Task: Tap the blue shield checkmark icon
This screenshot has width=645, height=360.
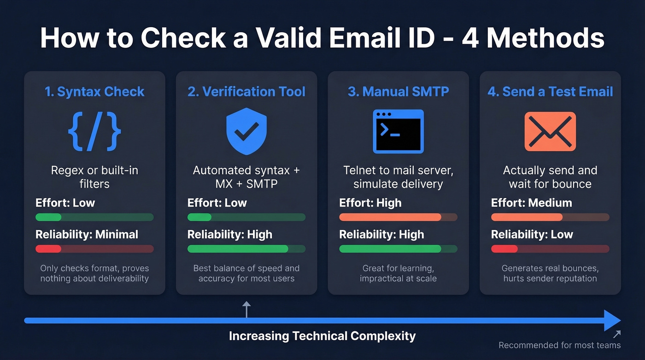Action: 246,132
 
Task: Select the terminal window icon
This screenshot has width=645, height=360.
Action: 398,131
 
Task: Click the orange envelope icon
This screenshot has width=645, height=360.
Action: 550,131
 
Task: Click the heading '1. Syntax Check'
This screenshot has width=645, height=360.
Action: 94,92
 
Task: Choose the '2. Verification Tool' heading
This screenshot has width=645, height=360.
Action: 246,92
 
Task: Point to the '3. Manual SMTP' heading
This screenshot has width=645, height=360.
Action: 398,92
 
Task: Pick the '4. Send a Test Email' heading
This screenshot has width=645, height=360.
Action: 550,92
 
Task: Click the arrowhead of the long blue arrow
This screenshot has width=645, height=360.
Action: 613,320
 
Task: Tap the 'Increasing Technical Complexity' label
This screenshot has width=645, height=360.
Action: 322,336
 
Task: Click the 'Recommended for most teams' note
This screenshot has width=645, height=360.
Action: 559,345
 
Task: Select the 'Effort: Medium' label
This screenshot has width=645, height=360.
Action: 531,203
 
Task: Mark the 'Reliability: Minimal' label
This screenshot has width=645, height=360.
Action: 87,235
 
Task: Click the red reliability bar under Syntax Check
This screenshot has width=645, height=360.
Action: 48,249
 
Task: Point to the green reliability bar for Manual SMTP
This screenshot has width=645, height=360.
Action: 390,249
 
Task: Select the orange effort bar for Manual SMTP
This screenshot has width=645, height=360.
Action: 390,217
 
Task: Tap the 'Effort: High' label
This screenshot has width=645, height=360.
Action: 370,203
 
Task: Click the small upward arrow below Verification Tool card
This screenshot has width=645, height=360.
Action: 246,309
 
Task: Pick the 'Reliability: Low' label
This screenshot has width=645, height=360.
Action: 532,235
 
